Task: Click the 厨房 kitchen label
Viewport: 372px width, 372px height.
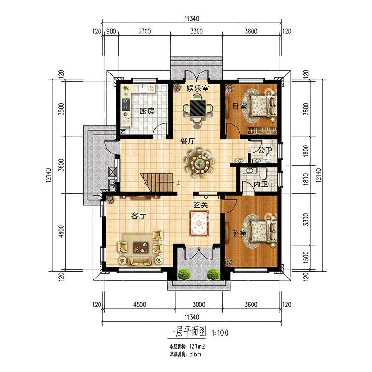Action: [147, 111]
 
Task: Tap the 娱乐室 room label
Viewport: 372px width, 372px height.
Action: [198, 88]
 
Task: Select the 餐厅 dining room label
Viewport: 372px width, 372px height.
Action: [188, 141]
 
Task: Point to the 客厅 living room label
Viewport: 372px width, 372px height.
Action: [138, 216]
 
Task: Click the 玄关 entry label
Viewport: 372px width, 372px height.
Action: [201, 205]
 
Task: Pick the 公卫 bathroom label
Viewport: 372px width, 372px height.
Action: [265, 150]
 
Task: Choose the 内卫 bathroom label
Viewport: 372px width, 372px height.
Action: [261, 184]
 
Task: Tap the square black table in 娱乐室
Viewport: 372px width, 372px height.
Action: [197, 108]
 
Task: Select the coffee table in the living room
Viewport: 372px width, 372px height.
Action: [141, 247]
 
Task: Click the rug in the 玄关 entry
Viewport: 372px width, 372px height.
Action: [199, 223]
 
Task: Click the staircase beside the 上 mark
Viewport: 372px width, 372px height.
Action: [157, 182]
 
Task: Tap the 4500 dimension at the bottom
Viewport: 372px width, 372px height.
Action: [139, 305]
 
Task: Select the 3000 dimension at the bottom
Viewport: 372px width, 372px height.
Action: [199, 305]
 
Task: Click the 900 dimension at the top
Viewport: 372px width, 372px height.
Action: [111, 31]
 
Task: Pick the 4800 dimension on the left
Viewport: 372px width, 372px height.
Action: [61, 231]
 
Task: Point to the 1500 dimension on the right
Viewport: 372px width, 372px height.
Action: [306, 258]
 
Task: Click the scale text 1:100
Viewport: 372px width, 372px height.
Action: [220, 332]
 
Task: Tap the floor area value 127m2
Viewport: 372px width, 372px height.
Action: [197, 346]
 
